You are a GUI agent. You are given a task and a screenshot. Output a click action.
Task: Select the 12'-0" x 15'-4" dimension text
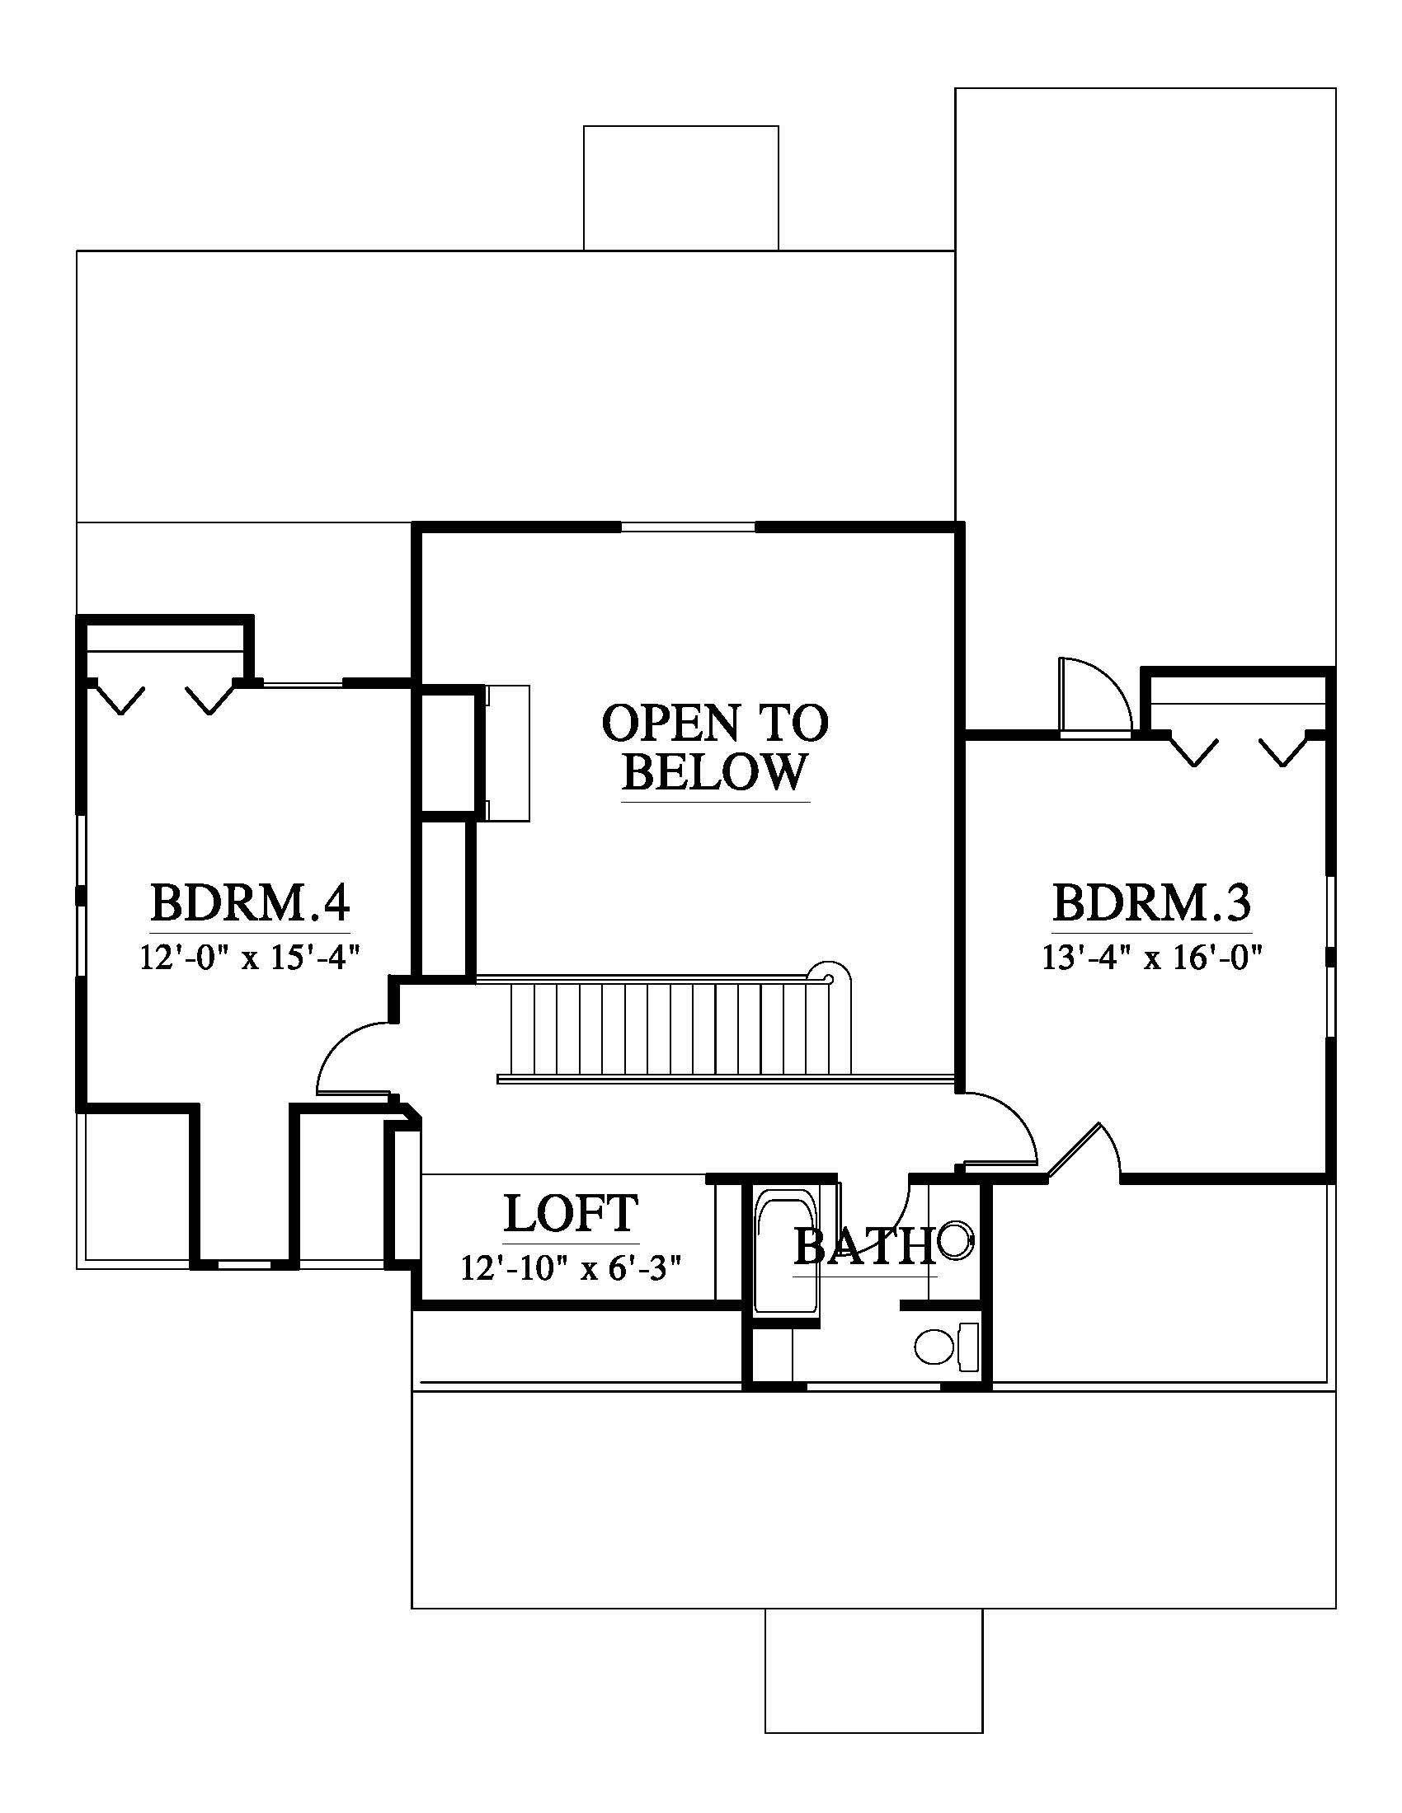coord(250,958)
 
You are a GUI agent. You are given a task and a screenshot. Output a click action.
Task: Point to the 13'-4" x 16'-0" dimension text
coord(1153,958)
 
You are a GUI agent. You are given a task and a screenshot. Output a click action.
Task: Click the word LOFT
coord(572,1214)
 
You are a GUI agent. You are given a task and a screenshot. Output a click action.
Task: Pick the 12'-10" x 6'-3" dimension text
coord(572,1268)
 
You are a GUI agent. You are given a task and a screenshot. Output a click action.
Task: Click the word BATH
coord(863,1247)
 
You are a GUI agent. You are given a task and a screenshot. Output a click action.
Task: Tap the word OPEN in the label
coord(658,723)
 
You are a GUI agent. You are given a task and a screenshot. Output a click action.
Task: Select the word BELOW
coord(714,772)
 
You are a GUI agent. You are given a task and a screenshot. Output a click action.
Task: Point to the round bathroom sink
coord(955,1240)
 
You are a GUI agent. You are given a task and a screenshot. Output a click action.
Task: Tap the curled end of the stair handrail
coord(830,973)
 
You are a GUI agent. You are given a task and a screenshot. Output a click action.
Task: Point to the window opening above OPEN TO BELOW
coord(688,527)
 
